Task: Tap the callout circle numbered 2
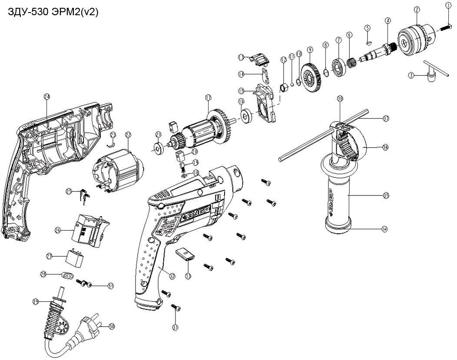click(x=417, y=9)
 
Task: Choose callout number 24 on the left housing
click(x=47, y=96)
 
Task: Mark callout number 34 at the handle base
click(x=384, y=228)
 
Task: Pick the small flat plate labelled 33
click(x=185, y=254)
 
